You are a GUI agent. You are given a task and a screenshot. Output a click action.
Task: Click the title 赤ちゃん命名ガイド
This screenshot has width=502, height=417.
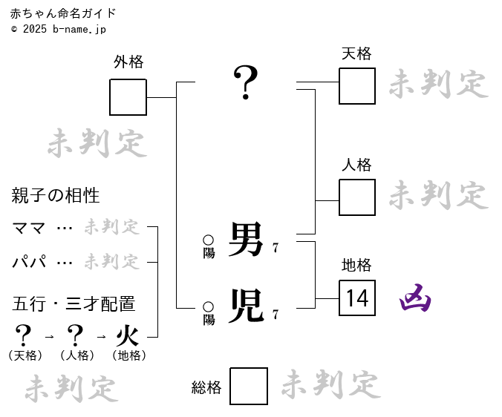click(x=63, y=13)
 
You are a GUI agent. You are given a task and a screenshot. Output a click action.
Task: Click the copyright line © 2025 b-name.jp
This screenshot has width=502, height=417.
click(x=59, y=29)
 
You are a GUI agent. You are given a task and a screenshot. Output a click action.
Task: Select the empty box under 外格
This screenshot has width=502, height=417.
click(x=128, y=97)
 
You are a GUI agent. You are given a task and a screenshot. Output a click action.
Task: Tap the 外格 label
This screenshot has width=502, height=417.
click(x=128, y=62)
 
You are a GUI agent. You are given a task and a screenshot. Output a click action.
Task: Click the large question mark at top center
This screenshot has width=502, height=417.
click(x=246, y=82)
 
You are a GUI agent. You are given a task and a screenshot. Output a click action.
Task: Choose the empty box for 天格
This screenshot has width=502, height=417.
click(x=357, y=86)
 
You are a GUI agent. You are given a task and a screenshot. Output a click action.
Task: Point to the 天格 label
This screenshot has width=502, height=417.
click(x=356, y=53)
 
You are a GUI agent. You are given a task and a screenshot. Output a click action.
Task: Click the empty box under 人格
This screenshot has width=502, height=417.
click(x=357, y=197)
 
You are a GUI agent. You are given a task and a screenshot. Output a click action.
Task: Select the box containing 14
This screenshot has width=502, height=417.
click(x=357, y=298)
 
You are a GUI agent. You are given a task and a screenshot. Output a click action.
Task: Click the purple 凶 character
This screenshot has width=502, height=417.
click(x=415, y=298)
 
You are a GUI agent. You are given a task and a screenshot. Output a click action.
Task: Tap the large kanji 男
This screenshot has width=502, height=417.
click(x=246, y=240)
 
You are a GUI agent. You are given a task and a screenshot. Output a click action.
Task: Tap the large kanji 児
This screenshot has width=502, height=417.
click(x=246, y=306)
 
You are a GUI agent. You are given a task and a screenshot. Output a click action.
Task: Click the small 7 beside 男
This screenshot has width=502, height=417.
click(x=276, y=248)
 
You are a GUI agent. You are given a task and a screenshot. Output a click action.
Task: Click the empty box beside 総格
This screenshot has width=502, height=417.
click(x=249, y=386)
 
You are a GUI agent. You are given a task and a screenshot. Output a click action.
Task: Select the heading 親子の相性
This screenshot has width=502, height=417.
click(x=56, y=196)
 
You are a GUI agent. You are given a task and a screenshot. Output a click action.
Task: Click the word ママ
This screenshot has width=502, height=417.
click(x=29, y=228)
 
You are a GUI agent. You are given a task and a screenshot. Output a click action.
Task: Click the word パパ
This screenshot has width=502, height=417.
click(x=30, y=262)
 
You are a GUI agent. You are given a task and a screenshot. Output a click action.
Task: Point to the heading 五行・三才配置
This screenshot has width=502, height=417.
click(x=74, y=303)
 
